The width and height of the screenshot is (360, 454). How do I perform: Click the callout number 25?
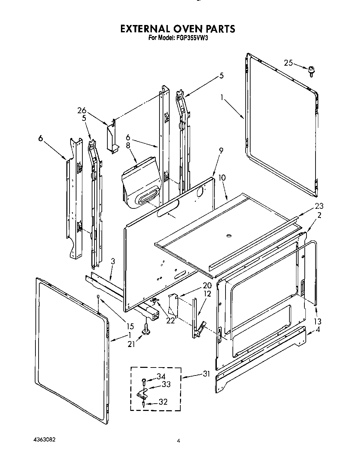[288, 63]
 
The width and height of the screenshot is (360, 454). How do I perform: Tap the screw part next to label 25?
[310, 71]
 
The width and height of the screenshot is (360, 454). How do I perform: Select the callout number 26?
[82, 110]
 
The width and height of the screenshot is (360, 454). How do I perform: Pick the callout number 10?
[222, 178]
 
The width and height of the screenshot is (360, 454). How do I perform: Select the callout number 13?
[318, 321]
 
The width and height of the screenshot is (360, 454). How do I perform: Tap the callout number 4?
[317, 330]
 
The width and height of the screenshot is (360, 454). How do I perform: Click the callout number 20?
[207, 286]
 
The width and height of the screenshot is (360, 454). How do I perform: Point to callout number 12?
[207, 294]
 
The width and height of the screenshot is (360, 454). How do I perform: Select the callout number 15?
[130, 326]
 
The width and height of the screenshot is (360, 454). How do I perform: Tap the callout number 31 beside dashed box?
[207, 374]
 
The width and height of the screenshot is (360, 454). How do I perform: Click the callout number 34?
[161, 377]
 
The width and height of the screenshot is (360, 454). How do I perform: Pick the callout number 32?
[163, 402]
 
